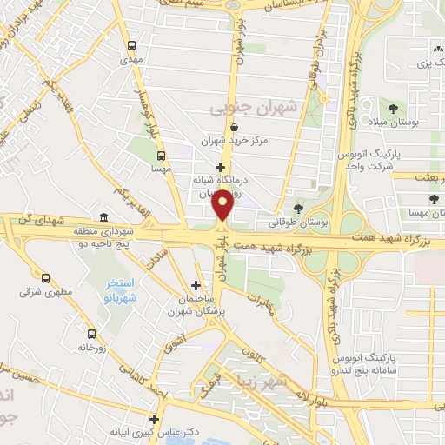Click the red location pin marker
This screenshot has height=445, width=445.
click(x=223, y=205)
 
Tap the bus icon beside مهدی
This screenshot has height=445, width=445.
click(x=131, y=46)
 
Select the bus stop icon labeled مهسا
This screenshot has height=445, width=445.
click(x=160, y=156)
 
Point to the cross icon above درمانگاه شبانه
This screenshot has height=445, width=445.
click(x=221, y=166)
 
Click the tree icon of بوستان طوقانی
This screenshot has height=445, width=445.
click(x=299, y=209)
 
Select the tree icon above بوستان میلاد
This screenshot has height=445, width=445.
click(x=395, y=109)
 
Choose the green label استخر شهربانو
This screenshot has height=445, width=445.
click(x=123, y=289)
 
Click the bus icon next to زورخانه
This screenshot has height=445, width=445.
click(x=90, y=333)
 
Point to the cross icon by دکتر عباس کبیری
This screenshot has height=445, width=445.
click(x=154, y=418)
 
